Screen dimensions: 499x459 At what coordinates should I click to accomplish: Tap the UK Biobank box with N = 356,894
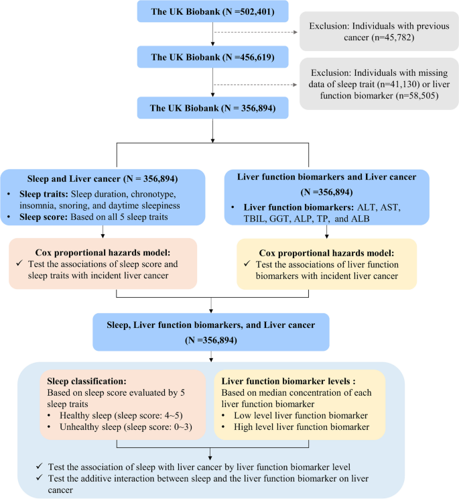tap(212, 106)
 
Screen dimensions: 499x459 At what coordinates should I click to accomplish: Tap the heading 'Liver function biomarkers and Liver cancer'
tap(327, 176)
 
